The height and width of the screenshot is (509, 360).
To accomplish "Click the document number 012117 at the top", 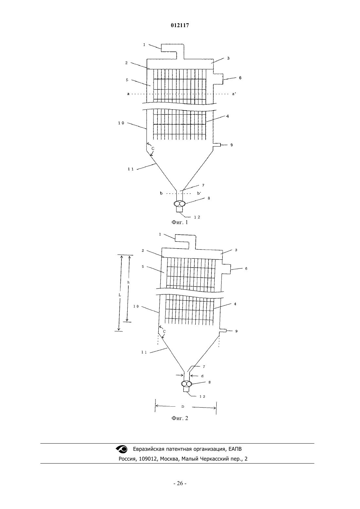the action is point(180,26).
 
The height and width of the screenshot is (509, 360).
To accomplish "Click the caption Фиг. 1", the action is point(180,222).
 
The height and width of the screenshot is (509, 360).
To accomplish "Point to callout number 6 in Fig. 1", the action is point(240,78).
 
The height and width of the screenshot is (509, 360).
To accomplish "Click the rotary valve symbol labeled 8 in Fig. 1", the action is point(179,204).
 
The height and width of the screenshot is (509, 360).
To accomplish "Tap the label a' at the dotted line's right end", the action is point(234,94).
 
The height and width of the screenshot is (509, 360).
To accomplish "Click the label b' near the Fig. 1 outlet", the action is point(199,193).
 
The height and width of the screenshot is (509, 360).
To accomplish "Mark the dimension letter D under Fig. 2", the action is point(183,407).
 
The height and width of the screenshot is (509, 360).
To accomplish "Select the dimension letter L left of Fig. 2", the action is point(120,295).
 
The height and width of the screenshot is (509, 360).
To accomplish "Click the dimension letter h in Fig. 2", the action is point(128,282).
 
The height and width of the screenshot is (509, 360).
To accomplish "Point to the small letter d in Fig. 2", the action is point(202,376).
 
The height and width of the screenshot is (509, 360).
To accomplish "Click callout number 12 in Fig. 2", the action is point(202,396).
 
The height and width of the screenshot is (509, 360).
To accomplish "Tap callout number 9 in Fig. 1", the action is point(232,145).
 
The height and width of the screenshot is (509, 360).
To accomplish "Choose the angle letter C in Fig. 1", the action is point(153,149).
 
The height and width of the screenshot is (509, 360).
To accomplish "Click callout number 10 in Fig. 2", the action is point(136,307).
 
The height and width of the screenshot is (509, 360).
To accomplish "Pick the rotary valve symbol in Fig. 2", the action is point(187,384).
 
